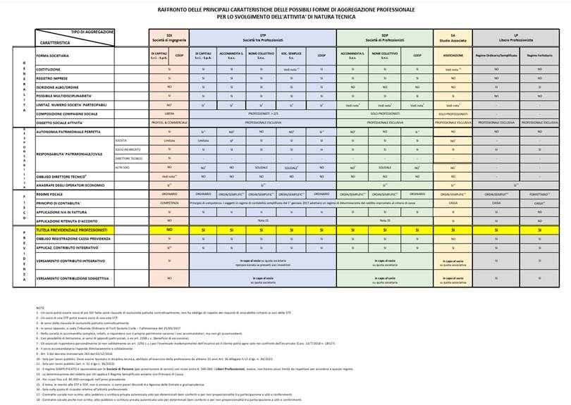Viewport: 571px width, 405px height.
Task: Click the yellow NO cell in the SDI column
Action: [169, 230]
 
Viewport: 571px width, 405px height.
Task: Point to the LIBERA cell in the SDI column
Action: [169, 113]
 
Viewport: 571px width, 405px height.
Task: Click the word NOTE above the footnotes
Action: [39, 309]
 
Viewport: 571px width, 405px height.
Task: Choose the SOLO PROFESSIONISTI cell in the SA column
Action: [453, 113]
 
